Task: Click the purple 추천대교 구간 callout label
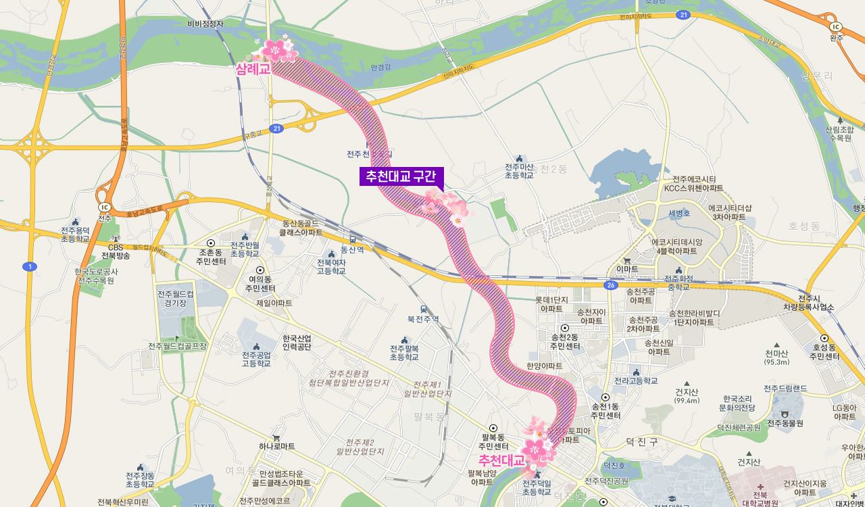click(401, 176)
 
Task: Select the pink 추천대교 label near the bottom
click(501, 460)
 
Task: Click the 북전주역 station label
click(423, 318)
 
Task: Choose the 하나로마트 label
click(276, 446)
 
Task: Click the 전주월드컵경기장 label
click(175, 299)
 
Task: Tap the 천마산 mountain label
click(776, 354)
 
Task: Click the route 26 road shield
click(610, 286)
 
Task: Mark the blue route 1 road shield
click(30, 266)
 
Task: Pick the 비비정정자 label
click(205, 24)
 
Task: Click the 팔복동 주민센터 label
click(493, 441)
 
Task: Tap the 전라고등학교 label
click(635, 381)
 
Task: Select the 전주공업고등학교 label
click(256, 358)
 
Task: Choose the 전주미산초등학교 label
click(519, 171)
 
